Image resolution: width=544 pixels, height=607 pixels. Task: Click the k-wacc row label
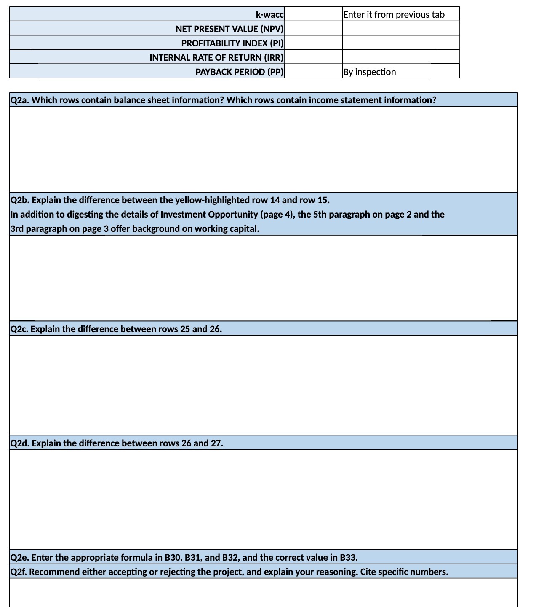point(269,15)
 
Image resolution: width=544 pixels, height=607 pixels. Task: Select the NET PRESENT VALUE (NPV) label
point(229,29)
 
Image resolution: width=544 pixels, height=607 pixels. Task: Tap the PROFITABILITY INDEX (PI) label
point(232,43)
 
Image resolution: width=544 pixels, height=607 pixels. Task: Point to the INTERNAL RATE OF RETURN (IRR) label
point(216,58)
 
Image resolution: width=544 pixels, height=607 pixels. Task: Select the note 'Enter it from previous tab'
point(394,15)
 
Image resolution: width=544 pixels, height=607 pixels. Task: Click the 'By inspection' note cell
point(370,72)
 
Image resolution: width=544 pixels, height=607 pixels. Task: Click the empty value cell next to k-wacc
point(314,14)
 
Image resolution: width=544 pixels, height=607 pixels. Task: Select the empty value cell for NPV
point(314,29)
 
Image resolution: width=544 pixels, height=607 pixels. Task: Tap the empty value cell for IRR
point(314,57)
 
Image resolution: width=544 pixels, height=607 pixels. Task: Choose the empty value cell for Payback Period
point(314,71)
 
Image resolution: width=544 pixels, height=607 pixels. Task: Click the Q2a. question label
point(20,100)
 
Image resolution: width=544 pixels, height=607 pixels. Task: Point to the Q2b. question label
point(20,200)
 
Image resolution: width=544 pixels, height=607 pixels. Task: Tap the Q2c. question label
point(19,329)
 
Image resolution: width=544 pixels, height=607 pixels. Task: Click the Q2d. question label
point(20,443)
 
